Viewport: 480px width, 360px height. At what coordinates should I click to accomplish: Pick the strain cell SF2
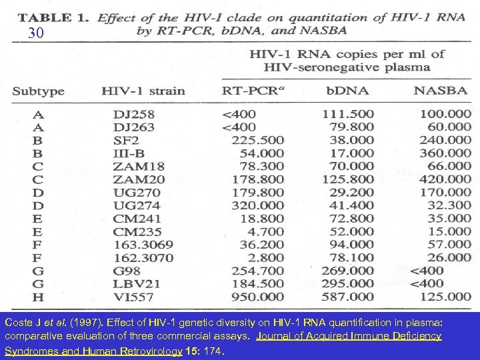126,140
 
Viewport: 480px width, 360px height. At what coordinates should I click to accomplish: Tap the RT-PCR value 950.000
257,296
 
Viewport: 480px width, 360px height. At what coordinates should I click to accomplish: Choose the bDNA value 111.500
348,114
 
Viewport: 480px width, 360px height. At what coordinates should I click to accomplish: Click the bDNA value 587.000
348,296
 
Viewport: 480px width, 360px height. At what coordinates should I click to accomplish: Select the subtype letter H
37,296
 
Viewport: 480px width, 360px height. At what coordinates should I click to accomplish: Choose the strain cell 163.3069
143,244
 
